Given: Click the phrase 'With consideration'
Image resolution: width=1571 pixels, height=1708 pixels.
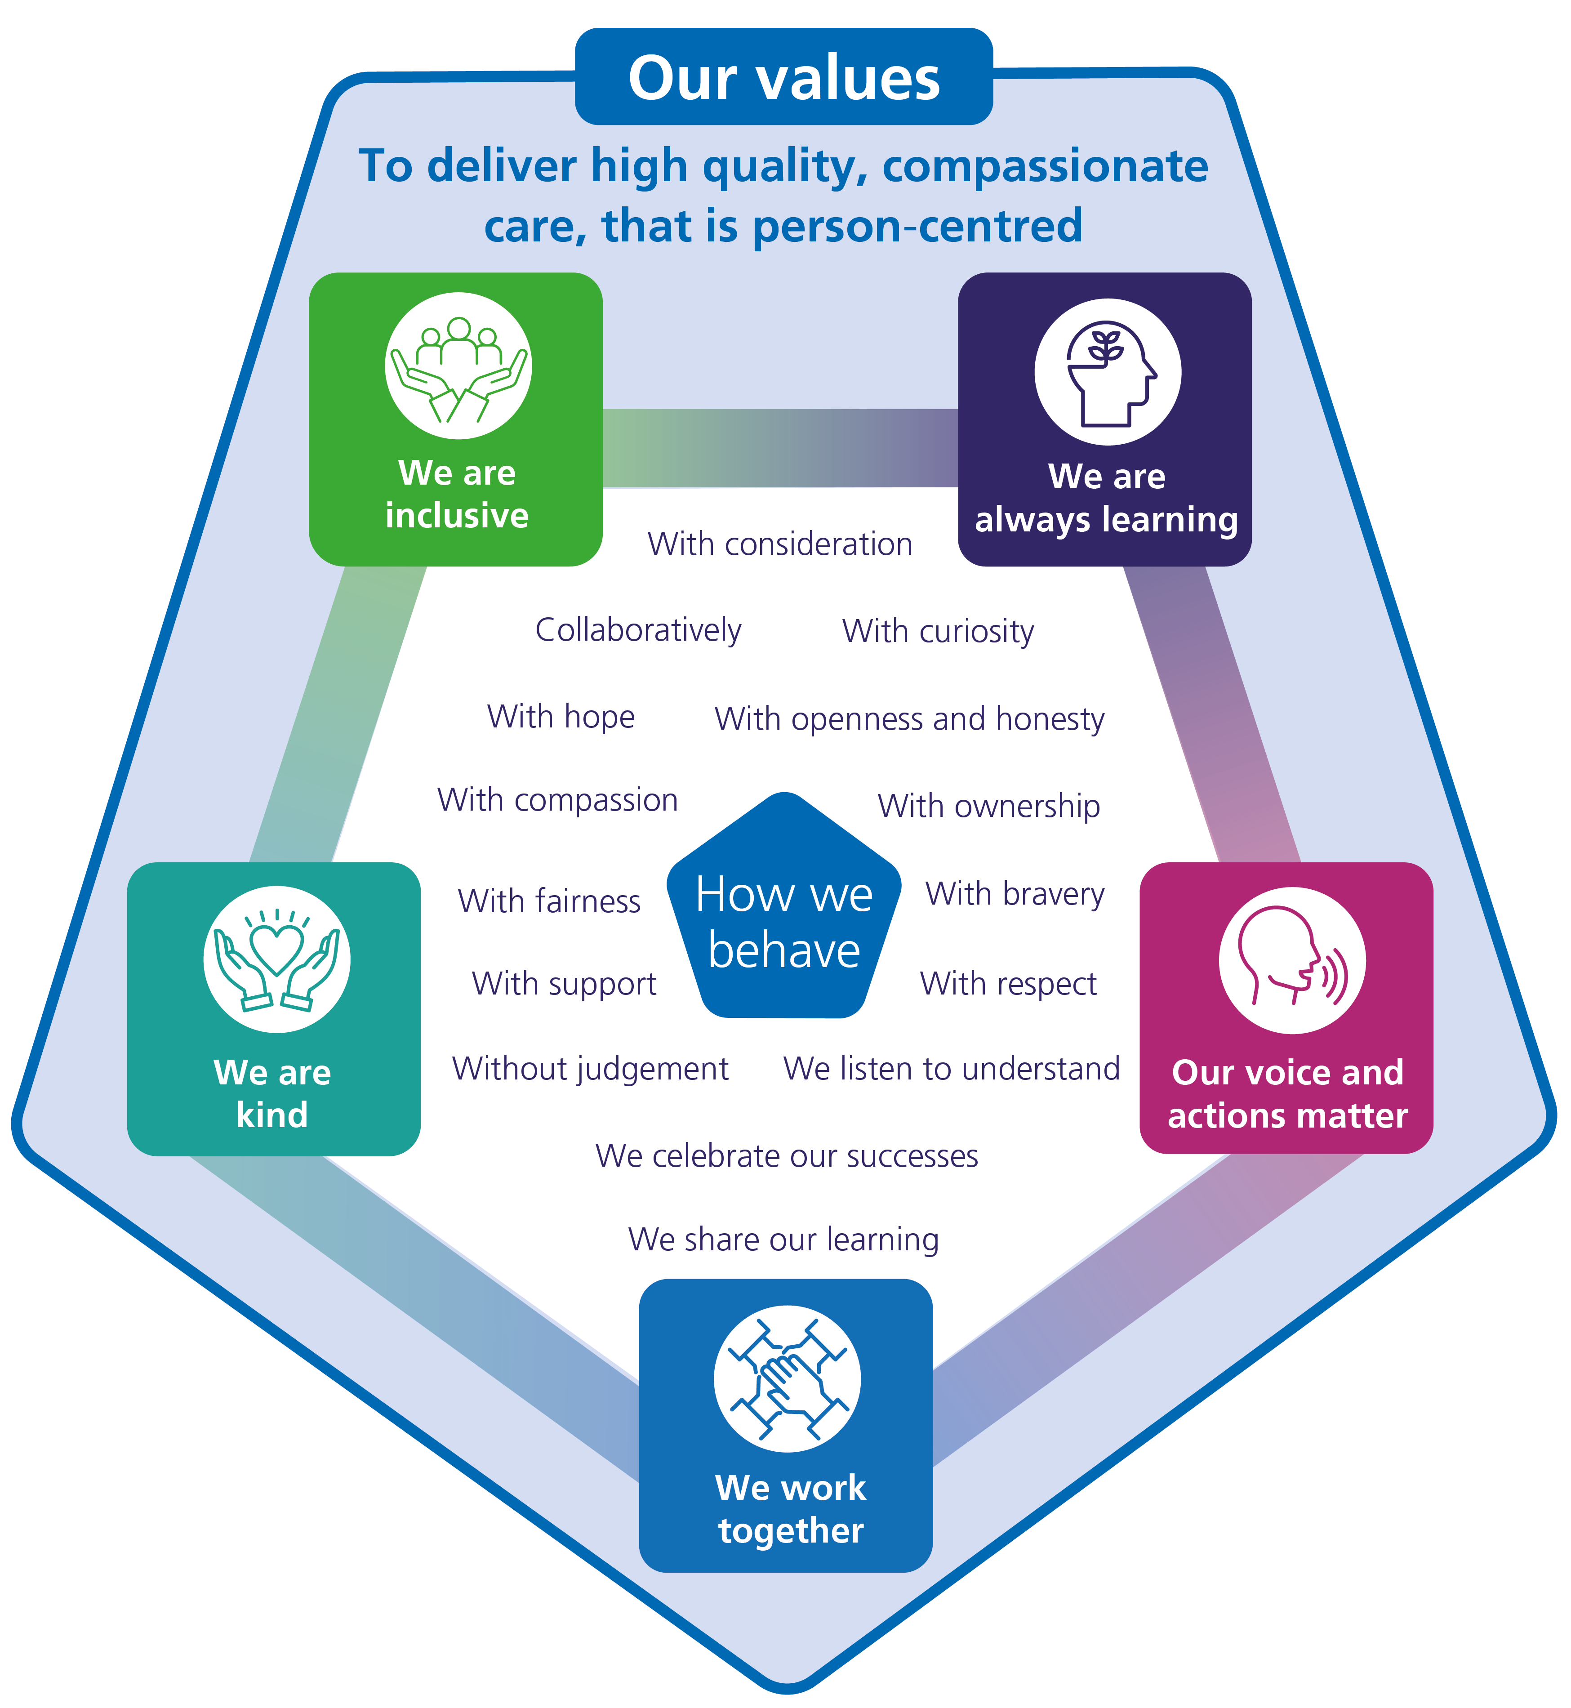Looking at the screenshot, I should click(x=779, y=544).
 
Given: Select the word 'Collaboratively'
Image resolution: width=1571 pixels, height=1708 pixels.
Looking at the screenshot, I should click(x=637, y=630).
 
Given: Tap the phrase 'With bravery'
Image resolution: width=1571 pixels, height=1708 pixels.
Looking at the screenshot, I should click(x=1015, y=893).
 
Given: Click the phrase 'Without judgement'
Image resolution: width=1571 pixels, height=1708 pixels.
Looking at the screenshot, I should click(x=590, y=1069).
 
